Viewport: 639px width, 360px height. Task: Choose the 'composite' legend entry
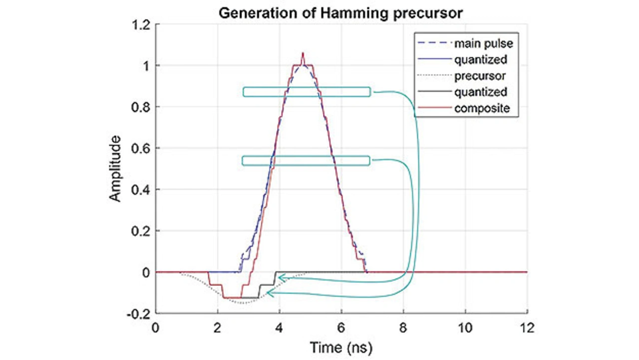(x=482, y=108)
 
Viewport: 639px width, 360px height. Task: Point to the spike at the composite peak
(x=303, y=53)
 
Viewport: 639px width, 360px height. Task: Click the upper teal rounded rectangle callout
(x=307, y=92)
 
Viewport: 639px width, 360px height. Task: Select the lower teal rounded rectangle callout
(x=306, y=160)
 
